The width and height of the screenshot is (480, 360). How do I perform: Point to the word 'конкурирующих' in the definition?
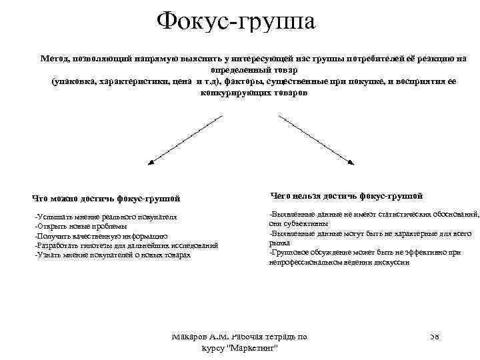click(228, 93)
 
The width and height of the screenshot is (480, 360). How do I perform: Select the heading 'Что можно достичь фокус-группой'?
click(106, 198)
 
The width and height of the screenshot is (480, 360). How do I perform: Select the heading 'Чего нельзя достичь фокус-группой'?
click(347, 196)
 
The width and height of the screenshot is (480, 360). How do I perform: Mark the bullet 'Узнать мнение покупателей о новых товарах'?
click(113, 255)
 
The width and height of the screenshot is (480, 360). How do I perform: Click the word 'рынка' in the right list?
click(280, 243)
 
